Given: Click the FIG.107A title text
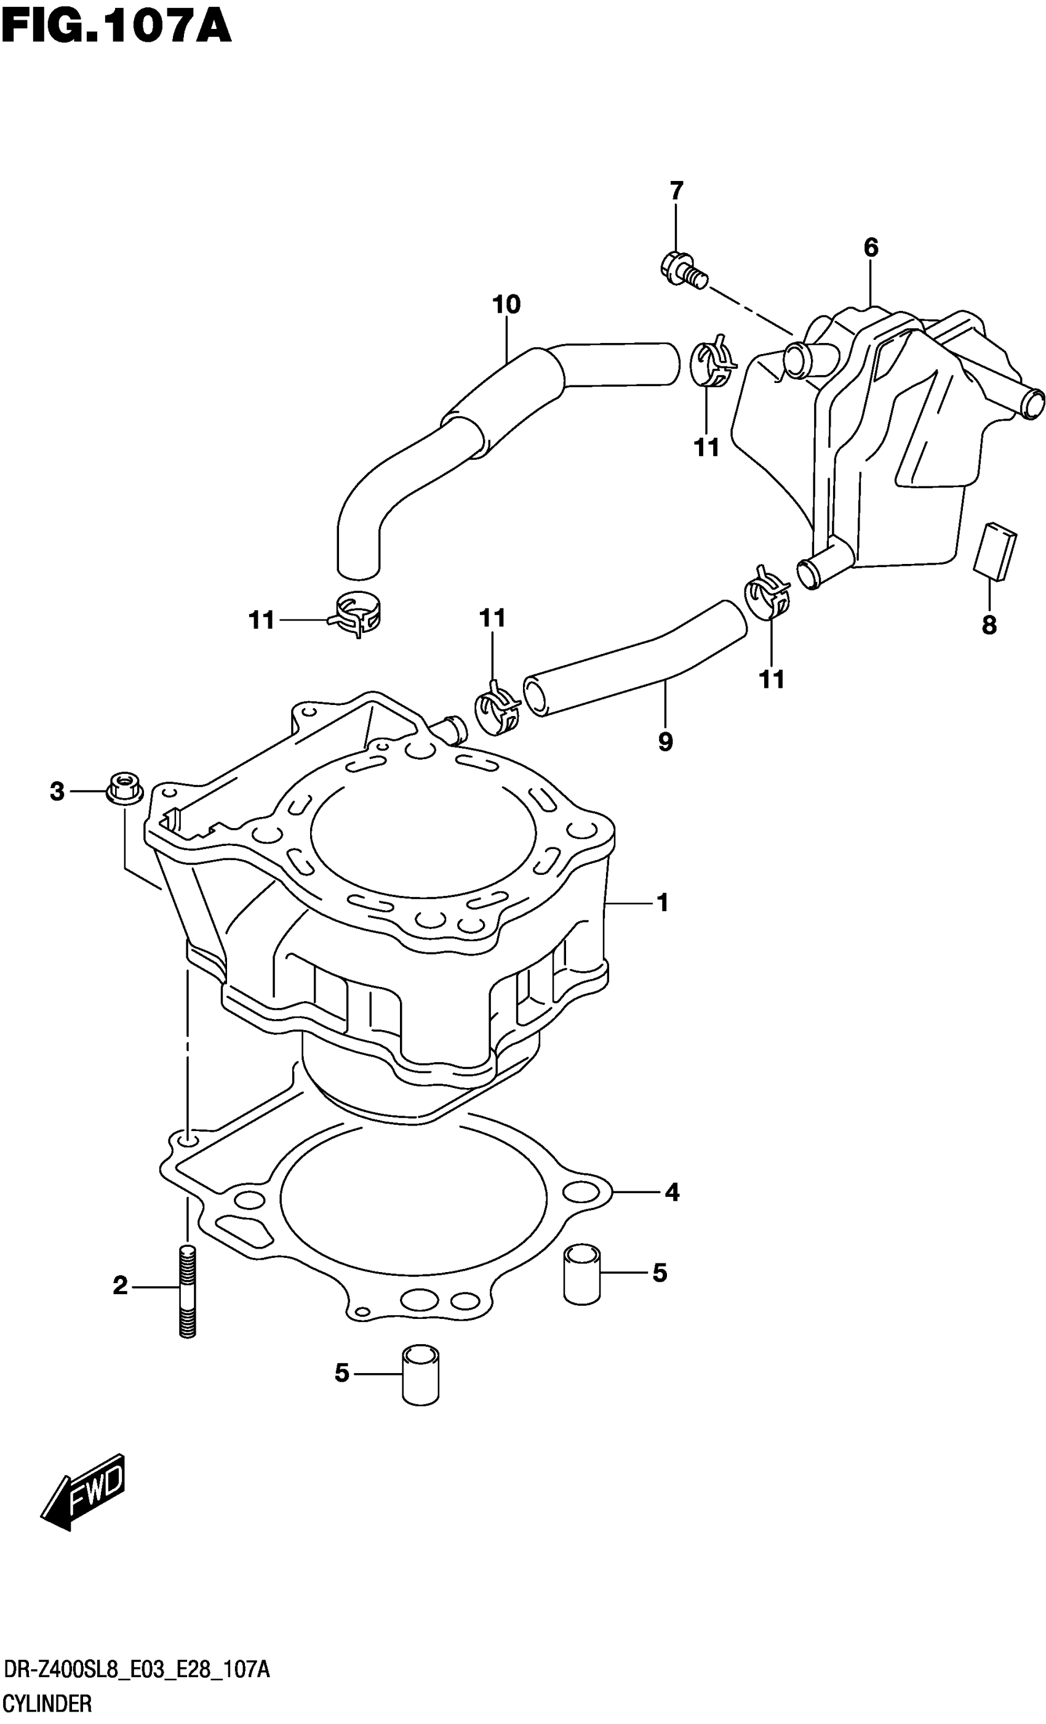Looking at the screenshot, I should point(116,28).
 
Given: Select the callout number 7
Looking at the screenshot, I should point(676,191).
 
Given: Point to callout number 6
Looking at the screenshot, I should point(871,248).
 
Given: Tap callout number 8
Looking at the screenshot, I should point(989,625).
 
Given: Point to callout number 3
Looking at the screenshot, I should point(57,792).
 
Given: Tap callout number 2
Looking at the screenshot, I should point(120,1286).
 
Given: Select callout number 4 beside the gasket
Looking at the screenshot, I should point(671,1191).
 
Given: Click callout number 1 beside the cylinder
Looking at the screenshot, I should point(662,903).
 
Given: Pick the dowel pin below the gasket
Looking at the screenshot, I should point(421,1374).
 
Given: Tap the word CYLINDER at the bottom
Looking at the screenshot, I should point(47,1703).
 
